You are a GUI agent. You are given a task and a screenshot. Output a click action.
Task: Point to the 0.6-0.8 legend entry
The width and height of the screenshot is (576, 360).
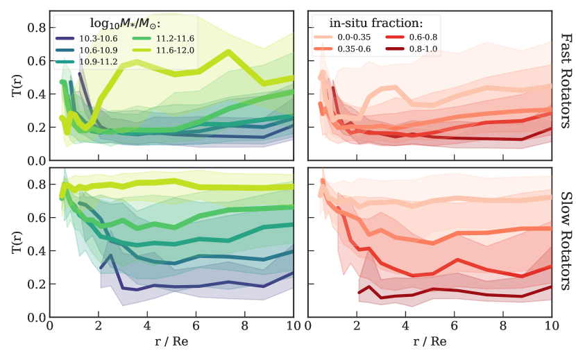pyautogui.click(x=425, y=36)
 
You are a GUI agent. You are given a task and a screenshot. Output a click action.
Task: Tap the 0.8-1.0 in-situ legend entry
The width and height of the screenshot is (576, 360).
pyautogui.click(x=425, y=49)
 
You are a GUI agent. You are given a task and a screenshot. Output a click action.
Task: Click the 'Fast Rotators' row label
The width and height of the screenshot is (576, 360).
pyautogui.click(x=564, y=86)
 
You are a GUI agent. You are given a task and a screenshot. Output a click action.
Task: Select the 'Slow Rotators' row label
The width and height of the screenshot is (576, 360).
pyautogui.click(x=564, y=242)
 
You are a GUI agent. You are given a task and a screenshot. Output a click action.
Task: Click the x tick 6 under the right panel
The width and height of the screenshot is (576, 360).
pyautogui.click(x=455, y=325)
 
